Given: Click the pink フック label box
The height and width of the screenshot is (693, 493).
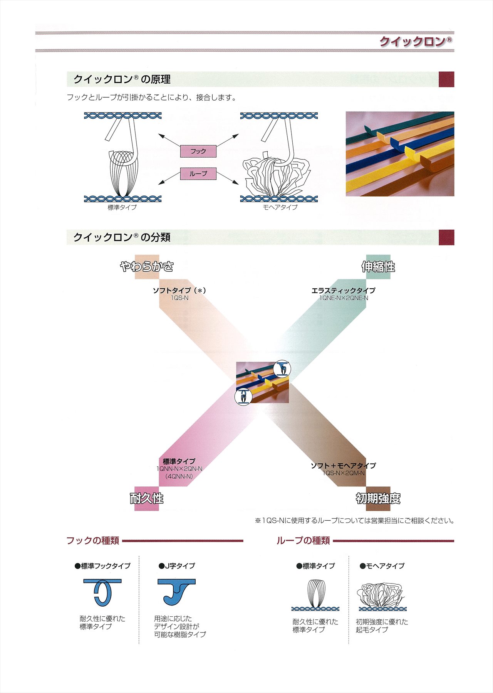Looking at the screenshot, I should coord(198,151).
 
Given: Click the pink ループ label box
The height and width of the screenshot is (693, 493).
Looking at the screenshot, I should coord(198,174).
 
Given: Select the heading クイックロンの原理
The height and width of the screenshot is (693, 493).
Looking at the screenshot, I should coord(122,79).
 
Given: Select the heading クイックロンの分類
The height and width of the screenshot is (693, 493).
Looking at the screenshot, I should coord(122,237).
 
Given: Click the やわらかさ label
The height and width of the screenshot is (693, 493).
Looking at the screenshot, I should coord(147,266).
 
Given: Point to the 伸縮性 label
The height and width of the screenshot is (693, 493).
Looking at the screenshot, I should coord(378,267).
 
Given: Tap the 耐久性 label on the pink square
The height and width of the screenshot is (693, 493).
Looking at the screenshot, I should coord(146,498).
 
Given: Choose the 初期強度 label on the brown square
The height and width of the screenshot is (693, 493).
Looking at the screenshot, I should coord(378,499).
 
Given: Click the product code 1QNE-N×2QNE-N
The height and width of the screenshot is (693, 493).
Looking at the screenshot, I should coord(344,298).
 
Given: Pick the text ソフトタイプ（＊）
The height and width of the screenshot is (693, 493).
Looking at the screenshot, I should coord(179,290).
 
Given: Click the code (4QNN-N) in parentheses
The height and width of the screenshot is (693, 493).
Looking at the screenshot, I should coord(179,476).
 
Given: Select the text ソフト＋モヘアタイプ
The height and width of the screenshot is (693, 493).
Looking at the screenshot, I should coord(343,466).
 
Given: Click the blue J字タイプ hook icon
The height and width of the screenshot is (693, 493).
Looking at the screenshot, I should coord(176,591).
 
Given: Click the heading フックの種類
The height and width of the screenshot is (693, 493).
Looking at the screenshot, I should coord(93,540).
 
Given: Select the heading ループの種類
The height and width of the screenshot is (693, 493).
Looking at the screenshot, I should coord(303,541).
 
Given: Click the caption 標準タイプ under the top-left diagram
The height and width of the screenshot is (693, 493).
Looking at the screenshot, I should coord(122,207).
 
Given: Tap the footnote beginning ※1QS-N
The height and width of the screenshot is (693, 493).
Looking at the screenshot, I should coord(354,521).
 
